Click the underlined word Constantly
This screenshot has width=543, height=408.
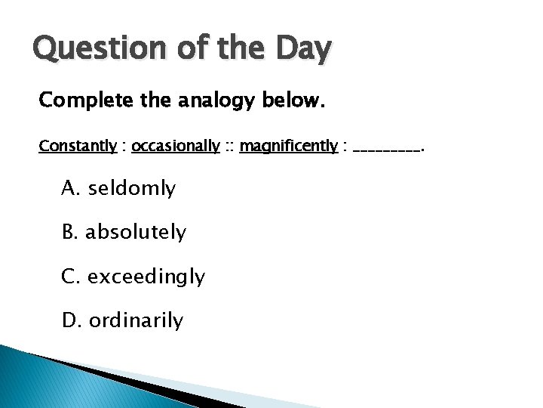point(78,146)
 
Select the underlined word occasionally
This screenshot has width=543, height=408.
point(176,146)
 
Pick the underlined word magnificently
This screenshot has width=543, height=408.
point(288,146)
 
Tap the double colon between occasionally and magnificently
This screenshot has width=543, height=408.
point(229,147)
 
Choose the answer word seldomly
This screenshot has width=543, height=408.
point(132,189)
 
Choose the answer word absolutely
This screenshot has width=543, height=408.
point(136,233)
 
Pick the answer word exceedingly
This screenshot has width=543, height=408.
point(146,277)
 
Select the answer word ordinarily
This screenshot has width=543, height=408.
point(136,321)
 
